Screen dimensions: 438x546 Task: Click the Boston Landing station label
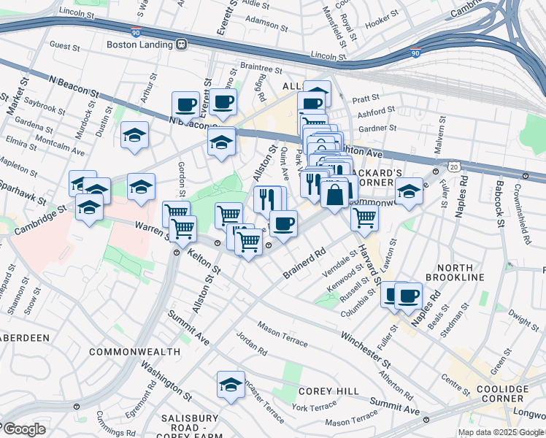[x=139, y=44]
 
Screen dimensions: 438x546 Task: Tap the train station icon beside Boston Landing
[x=181, y=44]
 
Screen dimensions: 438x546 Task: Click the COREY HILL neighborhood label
[x=328, y=391]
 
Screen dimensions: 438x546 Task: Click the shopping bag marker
[x=334, y=195]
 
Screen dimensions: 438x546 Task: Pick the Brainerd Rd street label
[x=304, y=264]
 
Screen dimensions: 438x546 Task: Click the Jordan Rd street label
[x=252, y=346]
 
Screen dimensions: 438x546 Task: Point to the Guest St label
[x=64, y=46]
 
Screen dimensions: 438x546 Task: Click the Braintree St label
[x=261, y=68]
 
